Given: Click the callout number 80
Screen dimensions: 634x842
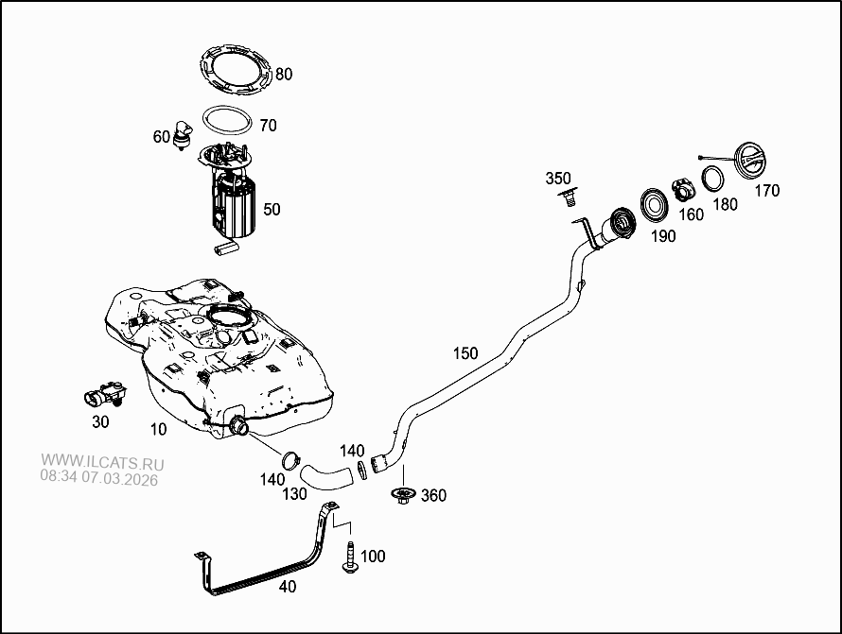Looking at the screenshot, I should [284, 74].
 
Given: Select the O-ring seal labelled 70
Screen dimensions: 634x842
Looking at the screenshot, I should [228, 121].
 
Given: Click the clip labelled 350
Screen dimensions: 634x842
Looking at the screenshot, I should [569, 197].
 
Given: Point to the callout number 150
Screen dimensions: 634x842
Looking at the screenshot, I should [465, 353].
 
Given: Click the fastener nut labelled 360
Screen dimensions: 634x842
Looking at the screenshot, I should [405, 495].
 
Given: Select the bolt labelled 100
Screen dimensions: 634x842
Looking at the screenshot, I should [348, 557].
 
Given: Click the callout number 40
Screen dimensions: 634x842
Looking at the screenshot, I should [288, 587].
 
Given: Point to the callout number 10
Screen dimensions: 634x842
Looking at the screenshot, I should [158, 429].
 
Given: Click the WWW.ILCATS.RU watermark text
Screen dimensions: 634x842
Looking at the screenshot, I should [102, 464].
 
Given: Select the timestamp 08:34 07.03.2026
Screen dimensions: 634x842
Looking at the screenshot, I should [98, 479].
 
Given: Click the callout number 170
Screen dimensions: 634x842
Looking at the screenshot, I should [767, 191].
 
